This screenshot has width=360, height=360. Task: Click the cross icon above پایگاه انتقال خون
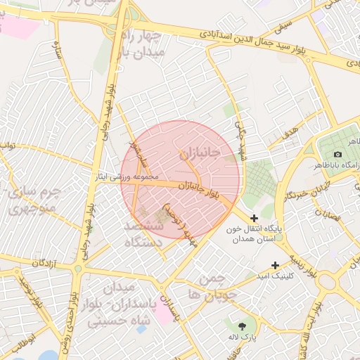click(254, 219)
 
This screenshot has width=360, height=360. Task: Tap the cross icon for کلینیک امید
click(275, 265)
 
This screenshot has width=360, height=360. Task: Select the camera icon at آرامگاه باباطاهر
click(337, 154)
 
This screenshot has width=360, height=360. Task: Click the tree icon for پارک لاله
click(243, 326)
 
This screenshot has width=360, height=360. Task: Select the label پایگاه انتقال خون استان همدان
click(254, 234)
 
